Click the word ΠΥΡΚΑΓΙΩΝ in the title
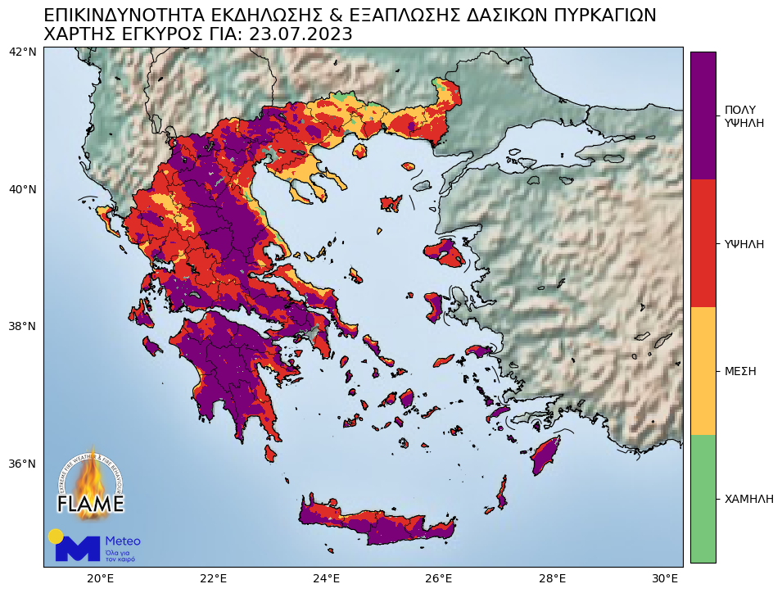coord(586,16)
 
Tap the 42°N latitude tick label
coord(22,52)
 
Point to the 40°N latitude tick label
coord(22,189)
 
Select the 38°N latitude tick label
coord(22,326)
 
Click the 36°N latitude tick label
coord(22,464)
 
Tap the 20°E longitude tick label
coord(100,578)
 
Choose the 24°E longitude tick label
coord(327,578)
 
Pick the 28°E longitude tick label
coord(554,578)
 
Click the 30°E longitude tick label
coord(666,578)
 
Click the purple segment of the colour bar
coord(703,115)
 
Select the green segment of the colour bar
coord(703,498)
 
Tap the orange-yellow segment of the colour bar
coord(703,371)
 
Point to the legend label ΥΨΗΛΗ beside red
coord(744,244)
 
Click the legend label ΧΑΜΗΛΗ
coord(748,499)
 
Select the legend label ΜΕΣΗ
coord(740,371)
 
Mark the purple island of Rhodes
coord(545,456)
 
